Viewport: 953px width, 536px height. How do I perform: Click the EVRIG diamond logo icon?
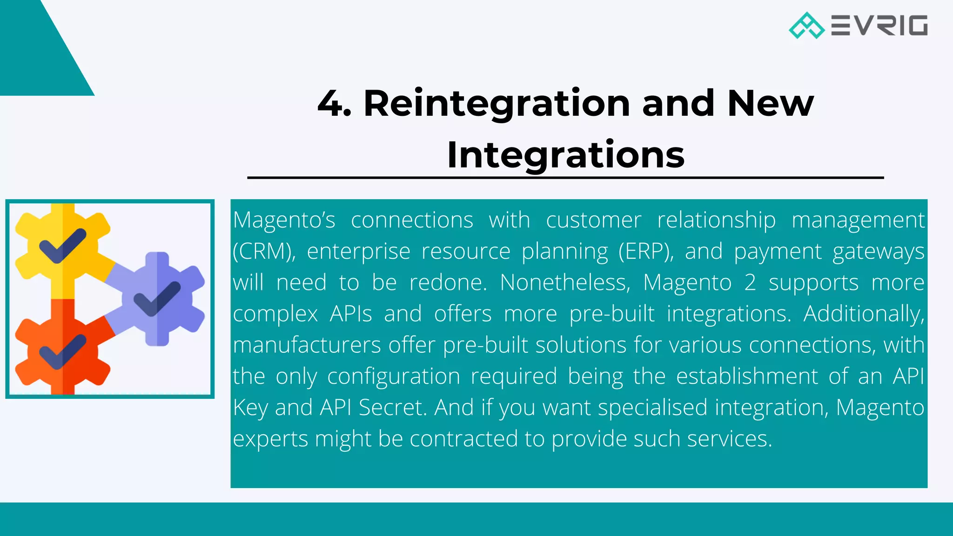click(806, 26)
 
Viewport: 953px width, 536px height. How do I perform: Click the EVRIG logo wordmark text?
click(879, 26)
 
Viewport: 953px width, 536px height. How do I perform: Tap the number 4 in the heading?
click(330, 103)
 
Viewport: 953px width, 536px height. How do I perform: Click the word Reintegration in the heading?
click(497, 104)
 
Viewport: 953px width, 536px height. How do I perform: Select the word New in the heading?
click(770, 103)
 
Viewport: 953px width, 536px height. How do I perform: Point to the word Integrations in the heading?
click(565, 155)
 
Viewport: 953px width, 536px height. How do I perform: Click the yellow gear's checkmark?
click(63, 245)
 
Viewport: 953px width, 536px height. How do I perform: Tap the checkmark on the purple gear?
click(157, 299)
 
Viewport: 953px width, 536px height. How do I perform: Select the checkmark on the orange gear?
click(63, 351)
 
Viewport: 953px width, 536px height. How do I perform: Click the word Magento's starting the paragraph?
click(284, 220)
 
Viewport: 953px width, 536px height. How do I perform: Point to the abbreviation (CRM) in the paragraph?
click(264, 252)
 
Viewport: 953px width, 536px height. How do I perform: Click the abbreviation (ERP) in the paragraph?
click(646, 252)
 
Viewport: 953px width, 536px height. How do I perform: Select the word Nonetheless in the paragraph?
click(565, 282)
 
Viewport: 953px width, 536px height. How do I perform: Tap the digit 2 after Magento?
click(750, 282)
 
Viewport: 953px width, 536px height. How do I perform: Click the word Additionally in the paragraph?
click(863, 314)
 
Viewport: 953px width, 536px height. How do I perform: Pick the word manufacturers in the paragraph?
click(307, 345)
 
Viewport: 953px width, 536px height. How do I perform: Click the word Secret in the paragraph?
click(392, 408)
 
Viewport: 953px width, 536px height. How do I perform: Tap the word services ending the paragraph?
click(729, 439)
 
